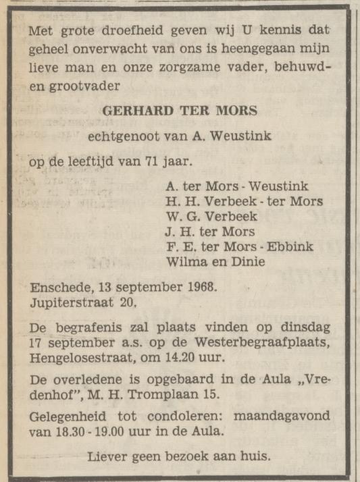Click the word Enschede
tap(57, 287)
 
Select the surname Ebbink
tap(288, 246)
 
